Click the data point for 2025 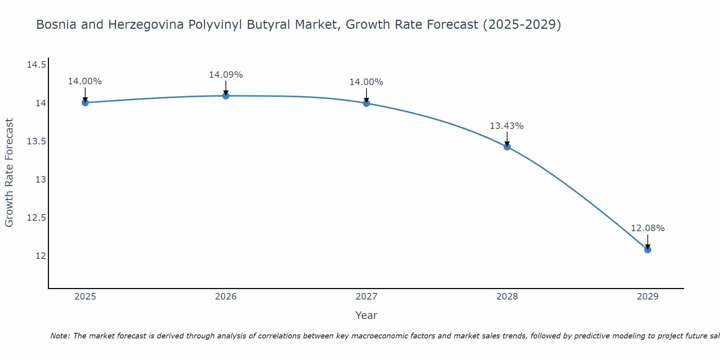[x=85, y=103]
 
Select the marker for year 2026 [x=226, y=96]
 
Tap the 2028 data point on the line [x=507, y=147]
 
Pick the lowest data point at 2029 [x=648, y=249]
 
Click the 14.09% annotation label [x=226, y=75]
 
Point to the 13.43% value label [x=507, y=126]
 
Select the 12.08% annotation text [x=648, y=228]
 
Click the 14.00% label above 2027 [x=366, y=82]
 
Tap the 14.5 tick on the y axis [x=36, y=65]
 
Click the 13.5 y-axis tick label [x=36, y=141]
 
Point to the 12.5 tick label [x=36, y=218]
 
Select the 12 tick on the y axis [x=41, y=256]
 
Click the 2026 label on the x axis [x=226, y=297]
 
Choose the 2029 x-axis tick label [x=648, y=297]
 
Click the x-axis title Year [x=366, y=315]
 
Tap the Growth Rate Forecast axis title [x=9, y=172]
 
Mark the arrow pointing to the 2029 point [x=648, y=242]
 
